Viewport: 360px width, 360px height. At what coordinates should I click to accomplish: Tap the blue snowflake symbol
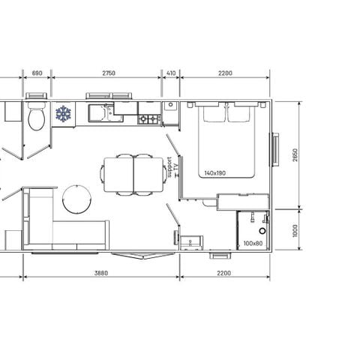tap(63, 114)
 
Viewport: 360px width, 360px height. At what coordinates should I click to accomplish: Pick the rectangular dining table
tap(133, 173)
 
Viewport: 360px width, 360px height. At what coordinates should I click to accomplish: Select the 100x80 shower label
tap(253, 244)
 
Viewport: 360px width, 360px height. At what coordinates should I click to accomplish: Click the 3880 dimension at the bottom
tap(102, 273)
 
